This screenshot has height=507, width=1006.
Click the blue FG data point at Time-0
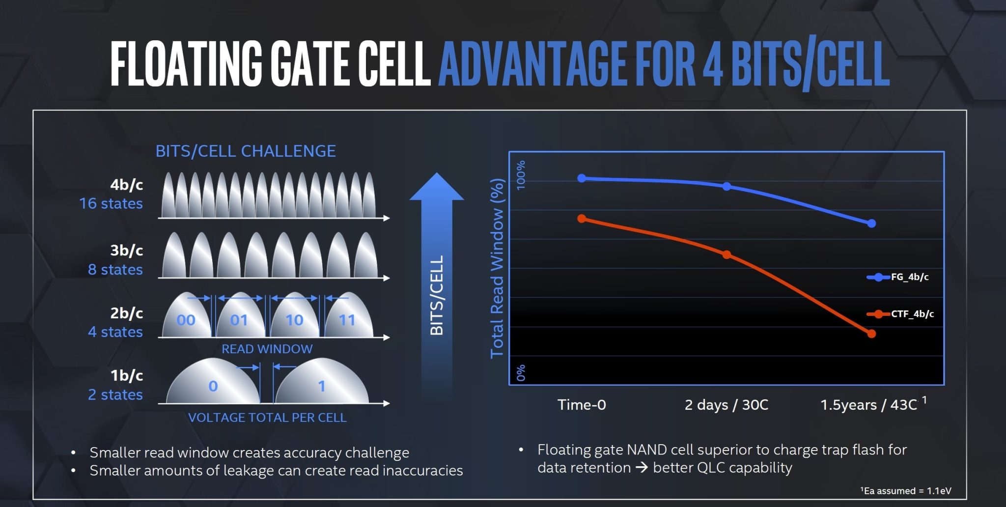click(x=582, y=178)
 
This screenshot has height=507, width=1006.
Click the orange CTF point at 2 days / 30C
click(x=727, y=254)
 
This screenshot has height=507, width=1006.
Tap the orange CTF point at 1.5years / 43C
click(x=871, y=334)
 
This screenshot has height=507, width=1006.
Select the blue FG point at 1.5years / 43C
click(x=871, y=224)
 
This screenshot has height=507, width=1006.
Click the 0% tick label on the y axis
click(x=521, y=372)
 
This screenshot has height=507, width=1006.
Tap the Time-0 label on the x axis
click(x=582, y=405)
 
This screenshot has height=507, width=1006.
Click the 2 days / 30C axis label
click(x=726, y=405)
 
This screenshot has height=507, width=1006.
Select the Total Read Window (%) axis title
click(x=497, y=268)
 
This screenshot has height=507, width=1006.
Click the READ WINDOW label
click(x=267, y=349)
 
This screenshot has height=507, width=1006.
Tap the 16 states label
click(x=111, y=203)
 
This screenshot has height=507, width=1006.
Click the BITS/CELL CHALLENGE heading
click(x=246, y=151)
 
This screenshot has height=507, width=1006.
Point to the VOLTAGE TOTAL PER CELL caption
click(x=267, y=418)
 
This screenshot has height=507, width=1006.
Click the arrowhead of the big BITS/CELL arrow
click(x=436, y=187)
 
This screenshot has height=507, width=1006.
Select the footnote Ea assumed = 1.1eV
click(x=906, y=490)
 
